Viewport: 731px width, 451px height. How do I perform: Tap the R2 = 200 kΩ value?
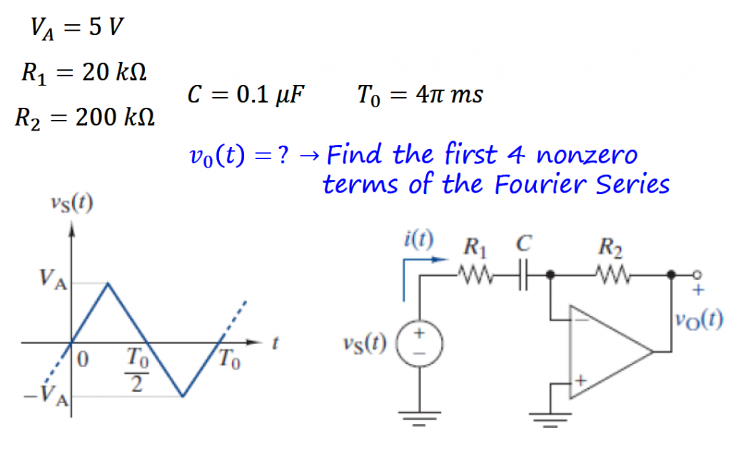point(84,116)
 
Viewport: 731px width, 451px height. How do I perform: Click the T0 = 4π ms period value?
point(420,94)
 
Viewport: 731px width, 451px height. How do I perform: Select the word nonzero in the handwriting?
point(586,154)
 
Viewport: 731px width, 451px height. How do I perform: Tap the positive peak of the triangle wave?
point(108,283)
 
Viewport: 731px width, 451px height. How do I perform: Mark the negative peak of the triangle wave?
point(183,396)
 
